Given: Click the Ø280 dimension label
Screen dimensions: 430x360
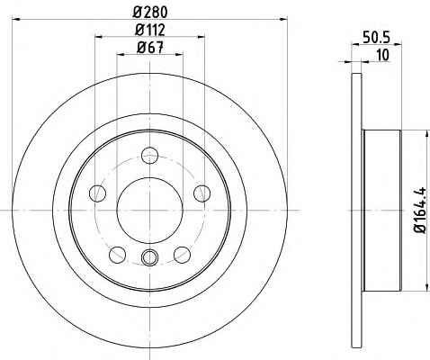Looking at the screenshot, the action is (x=150, y=13).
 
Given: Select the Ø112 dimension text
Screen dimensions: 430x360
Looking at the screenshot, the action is (x=150, y=30).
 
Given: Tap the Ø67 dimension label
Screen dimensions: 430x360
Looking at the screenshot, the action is (x=150, y=48).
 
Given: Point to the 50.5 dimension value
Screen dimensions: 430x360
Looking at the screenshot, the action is (x=376, y=38).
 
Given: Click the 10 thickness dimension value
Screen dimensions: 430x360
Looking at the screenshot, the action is (x=382, y=55).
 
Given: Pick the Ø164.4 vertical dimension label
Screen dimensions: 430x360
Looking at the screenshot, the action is (x=420, y=210).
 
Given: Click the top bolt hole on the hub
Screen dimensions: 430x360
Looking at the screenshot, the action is (x=149, y=155).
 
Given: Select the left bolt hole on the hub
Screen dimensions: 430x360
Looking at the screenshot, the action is (x=98, y=193).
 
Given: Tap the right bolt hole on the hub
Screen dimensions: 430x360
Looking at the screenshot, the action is (x=202, y=193).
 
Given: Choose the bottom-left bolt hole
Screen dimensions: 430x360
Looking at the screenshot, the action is (x=118, y=255).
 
